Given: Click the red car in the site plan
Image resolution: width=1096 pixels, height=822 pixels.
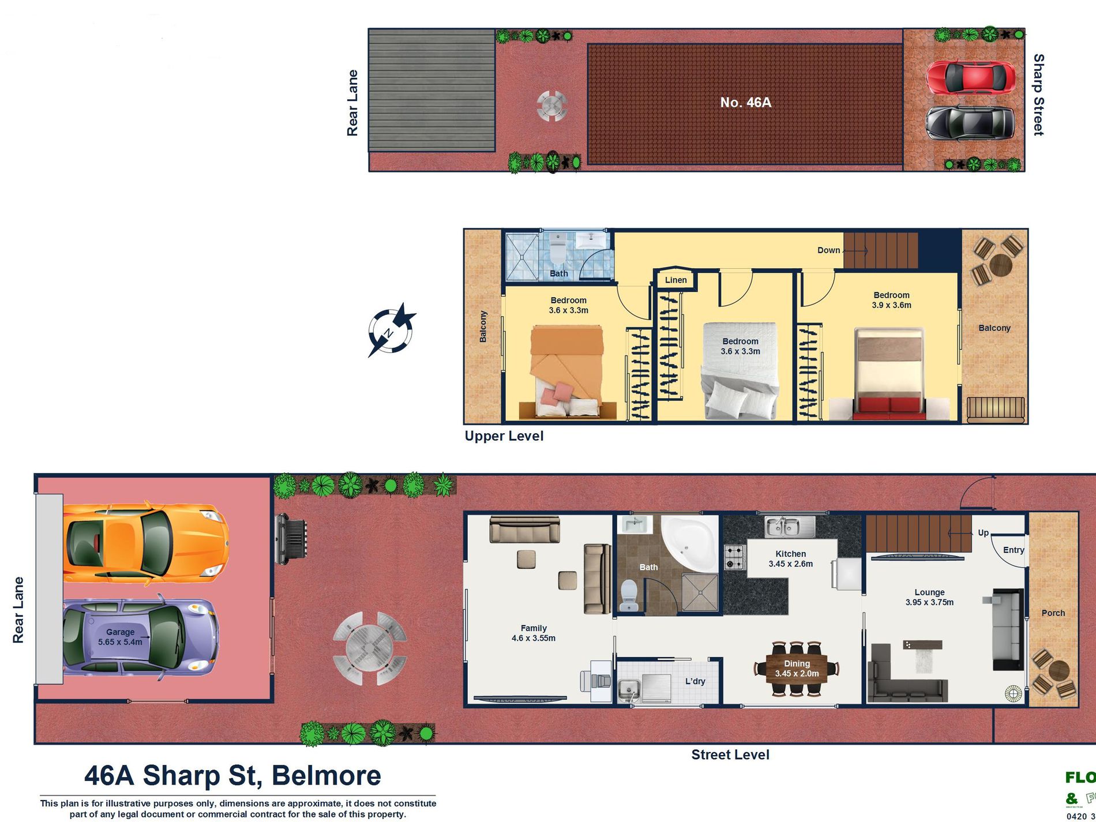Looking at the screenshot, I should (x=971, y=77).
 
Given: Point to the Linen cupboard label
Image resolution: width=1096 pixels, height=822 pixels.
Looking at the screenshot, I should (x=675, y=280).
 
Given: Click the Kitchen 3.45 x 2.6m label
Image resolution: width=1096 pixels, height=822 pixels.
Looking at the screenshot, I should (x=790, y=558).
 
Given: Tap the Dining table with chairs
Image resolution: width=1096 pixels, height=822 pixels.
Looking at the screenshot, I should (x=797, y=669).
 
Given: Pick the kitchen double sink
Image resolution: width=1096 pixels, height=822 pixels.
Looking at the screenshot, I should (x=789, y=526).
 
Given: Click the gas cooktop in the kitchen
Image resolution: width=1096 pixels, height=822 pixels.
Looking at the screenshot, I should (x=735, y=557).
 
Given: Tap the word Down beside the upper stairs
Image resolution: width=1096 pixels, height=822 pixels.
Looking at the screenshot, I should (x=828, y=250).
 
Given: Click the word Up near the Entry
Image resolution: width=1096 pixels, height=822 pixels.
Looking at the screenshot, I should (x=983, y=532).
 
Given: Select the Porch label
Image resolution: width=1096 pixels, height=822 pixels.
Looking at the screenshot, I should (x=1053, y=613).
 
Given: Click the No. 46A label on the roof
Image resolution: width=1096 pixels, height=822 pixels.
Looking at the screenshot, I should (x=745, y=103).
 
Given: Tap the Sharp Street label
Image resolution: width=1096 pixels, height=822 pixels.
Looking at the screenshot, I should (x=1038, y=95).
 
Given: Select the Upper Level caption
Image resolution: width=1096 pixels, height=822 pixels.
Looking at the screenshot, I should (x=504, y=436).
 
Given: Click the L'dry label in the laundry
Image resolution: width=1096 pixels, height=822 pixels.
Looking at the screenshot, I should (x=695, y=681).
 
